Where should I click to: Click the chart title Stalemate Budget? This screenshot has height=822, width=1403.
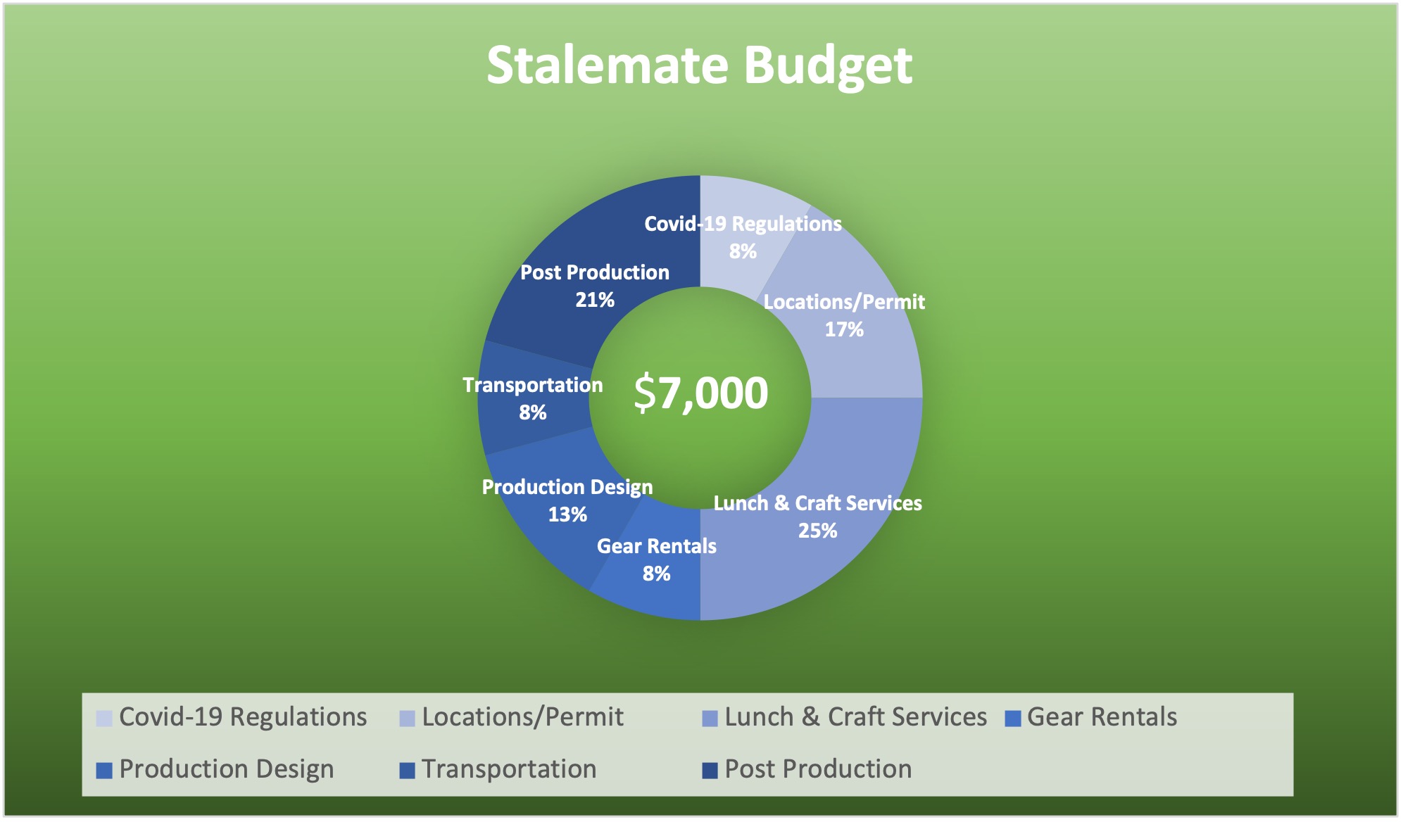(699, 65)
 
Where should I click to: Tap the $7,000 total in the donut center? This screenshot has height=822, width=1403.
(701, 393)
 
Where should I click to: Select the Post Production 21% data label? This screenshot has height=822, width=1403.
(595, 286)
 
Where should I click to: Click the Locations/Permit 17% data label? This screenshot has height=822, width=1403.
(844, 315)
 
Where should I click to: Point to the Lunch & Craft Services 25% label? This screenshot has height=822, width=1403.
(817, 517)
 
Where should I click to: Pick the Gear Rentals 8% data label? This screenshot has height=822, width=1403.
(657, 559)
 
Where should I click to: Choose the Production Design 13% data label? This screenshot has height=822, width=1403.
(567, 500)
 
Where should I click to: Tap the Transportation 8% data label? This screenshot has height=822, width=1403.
(533, 398)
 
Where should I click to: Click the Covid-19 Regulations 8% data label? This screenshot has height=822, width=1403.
(743, 237)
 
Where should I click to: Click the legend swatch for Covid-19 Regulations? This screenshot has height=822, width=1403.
(104, 719)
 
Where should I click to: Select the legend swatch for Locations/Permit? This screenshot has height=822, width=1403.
(407, 719)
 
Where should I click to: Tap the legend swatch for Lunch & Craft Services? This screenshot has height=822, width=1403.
(710, 719)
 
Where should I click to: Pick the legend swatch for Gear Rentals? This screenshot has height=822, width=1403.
(1012, 719)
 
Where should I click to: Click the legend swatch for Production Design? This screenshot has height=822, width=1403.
(104, 771)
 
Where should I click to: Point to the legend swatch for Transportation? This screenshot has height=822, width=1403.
(407, 771)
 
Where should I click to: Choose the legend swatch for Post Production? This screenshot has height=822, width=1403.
(710, 771)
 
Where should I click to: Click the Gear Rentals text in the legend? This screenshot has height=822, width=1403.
(1102, 717)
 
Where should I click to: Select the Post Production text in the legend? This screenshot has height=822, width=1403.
(818, 769)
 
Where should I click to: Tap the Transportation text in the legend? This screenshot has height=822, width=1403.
(509, 769)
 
